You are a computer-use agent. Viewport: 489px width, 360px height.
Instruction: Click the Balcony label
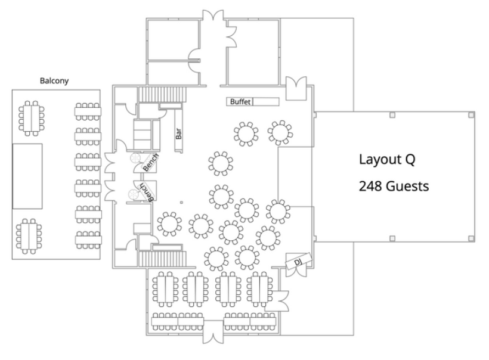point(53,80)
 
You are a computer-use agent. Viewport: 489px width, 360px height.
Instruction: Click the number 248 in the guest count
point(370,186)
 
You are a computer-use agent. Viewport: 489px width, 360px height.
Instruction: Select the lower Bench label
point(147,192)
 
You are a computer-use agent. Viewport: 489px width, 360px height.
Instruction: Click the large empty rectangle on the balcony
point(27,175)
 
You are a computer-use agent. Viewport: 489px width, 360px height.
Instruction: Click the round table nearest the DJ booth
point(268,238)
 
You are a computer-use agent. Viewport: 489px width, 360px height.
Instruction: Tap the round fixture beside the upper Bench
point(135,159)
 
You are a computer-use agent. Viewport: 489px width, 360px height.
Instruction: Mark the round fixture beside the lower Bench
point(132,194)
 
